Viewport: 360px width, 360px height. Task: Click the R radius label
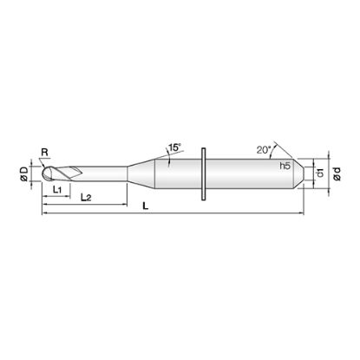click(44, 153)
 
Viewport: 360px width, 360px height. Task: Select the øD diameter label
click(24, 174)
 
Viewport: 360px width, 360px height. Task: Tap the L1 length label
click(57, 190)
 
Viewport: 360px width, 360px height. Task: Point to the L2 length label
click(86, 198)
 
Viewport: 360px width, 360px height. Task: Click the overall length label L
click(146, 206)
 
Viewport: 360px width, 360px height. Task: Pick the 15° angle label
click(174, 147)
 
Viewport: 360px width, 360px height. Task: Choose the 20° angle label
click(263, 150)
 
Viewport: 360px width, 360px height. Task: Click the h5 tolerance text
click(285, 166)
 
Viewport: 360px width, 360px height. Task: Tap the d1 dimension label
click(320, 173)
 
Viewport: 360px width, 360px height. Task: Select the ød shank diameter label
click(337, 174)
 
